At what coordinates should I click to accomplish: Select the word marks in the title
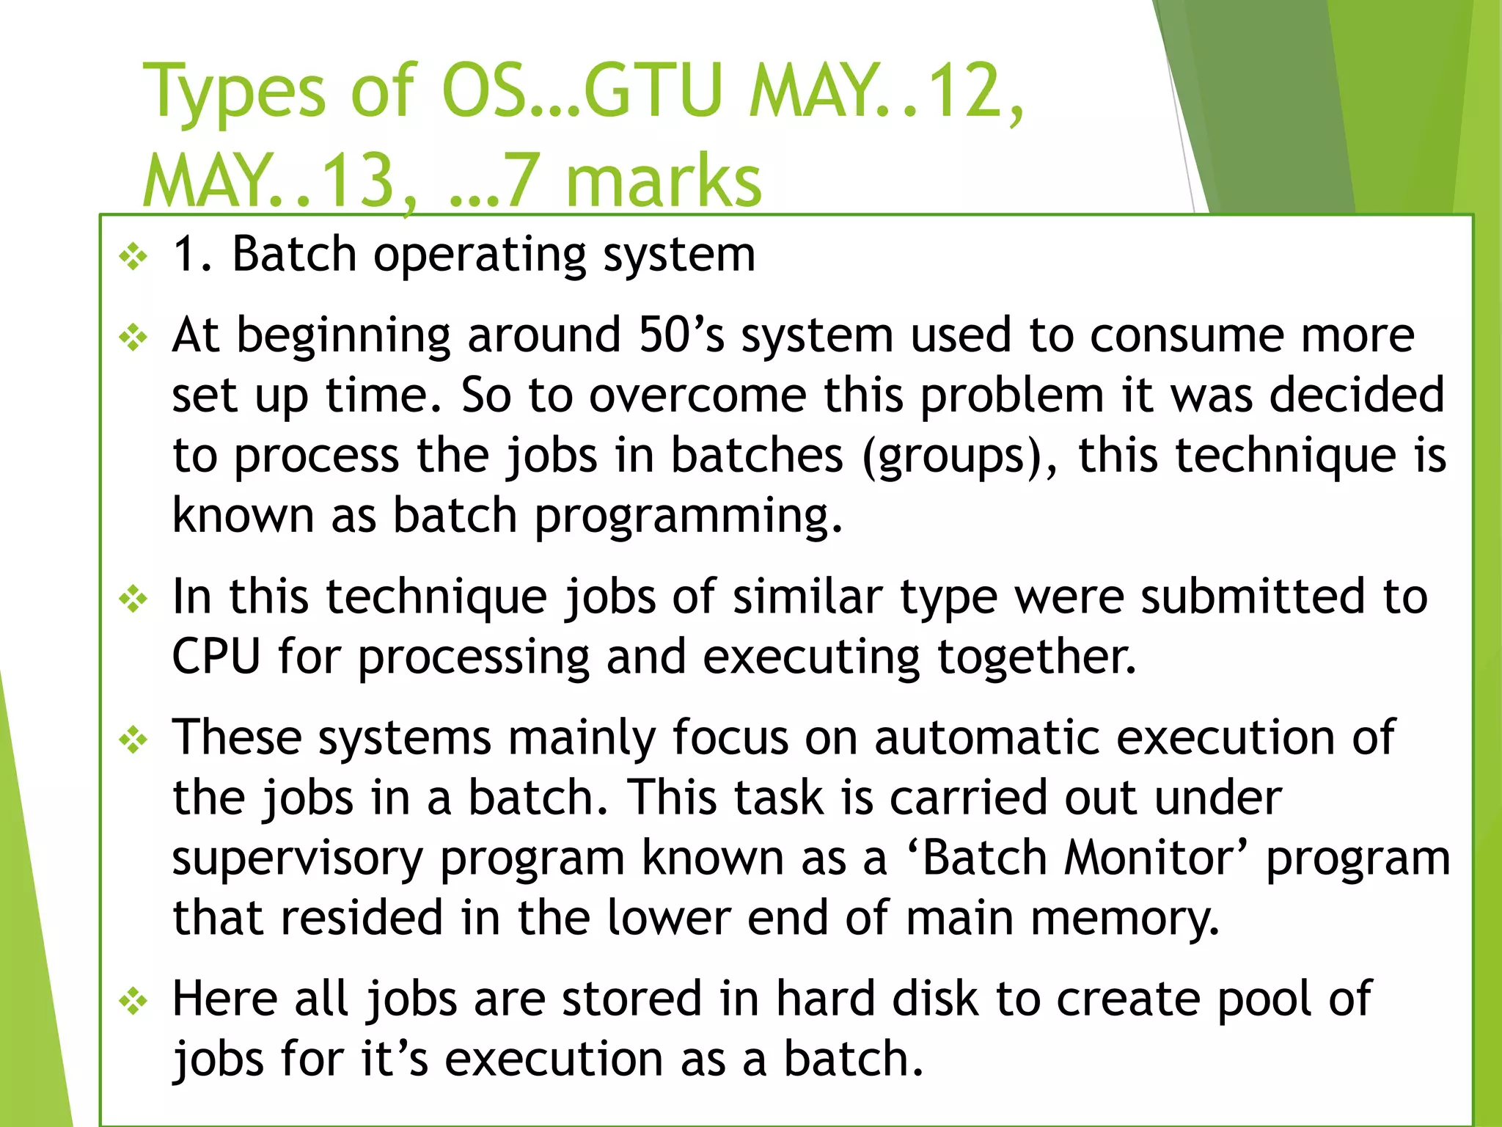tap(664, 181)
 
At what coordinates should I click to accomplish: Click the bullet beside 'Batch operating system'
tap(133, 257)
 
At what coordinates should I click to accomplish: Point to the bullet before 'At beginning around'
tap(133, 338)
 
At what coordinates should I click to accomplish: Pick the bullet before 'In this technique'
tap(133, 599)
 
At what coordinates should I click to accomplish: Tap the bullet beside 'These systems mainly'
tap(133, 740)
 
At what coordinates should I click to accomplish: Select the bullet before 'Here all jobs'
tap(133, 1001)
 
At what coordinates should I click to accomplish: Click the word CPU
tap(216, 656)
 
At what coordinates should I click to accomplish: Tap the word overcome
tap(698, 396)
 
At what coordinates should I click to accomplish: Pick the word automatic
tap(986, 737)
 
